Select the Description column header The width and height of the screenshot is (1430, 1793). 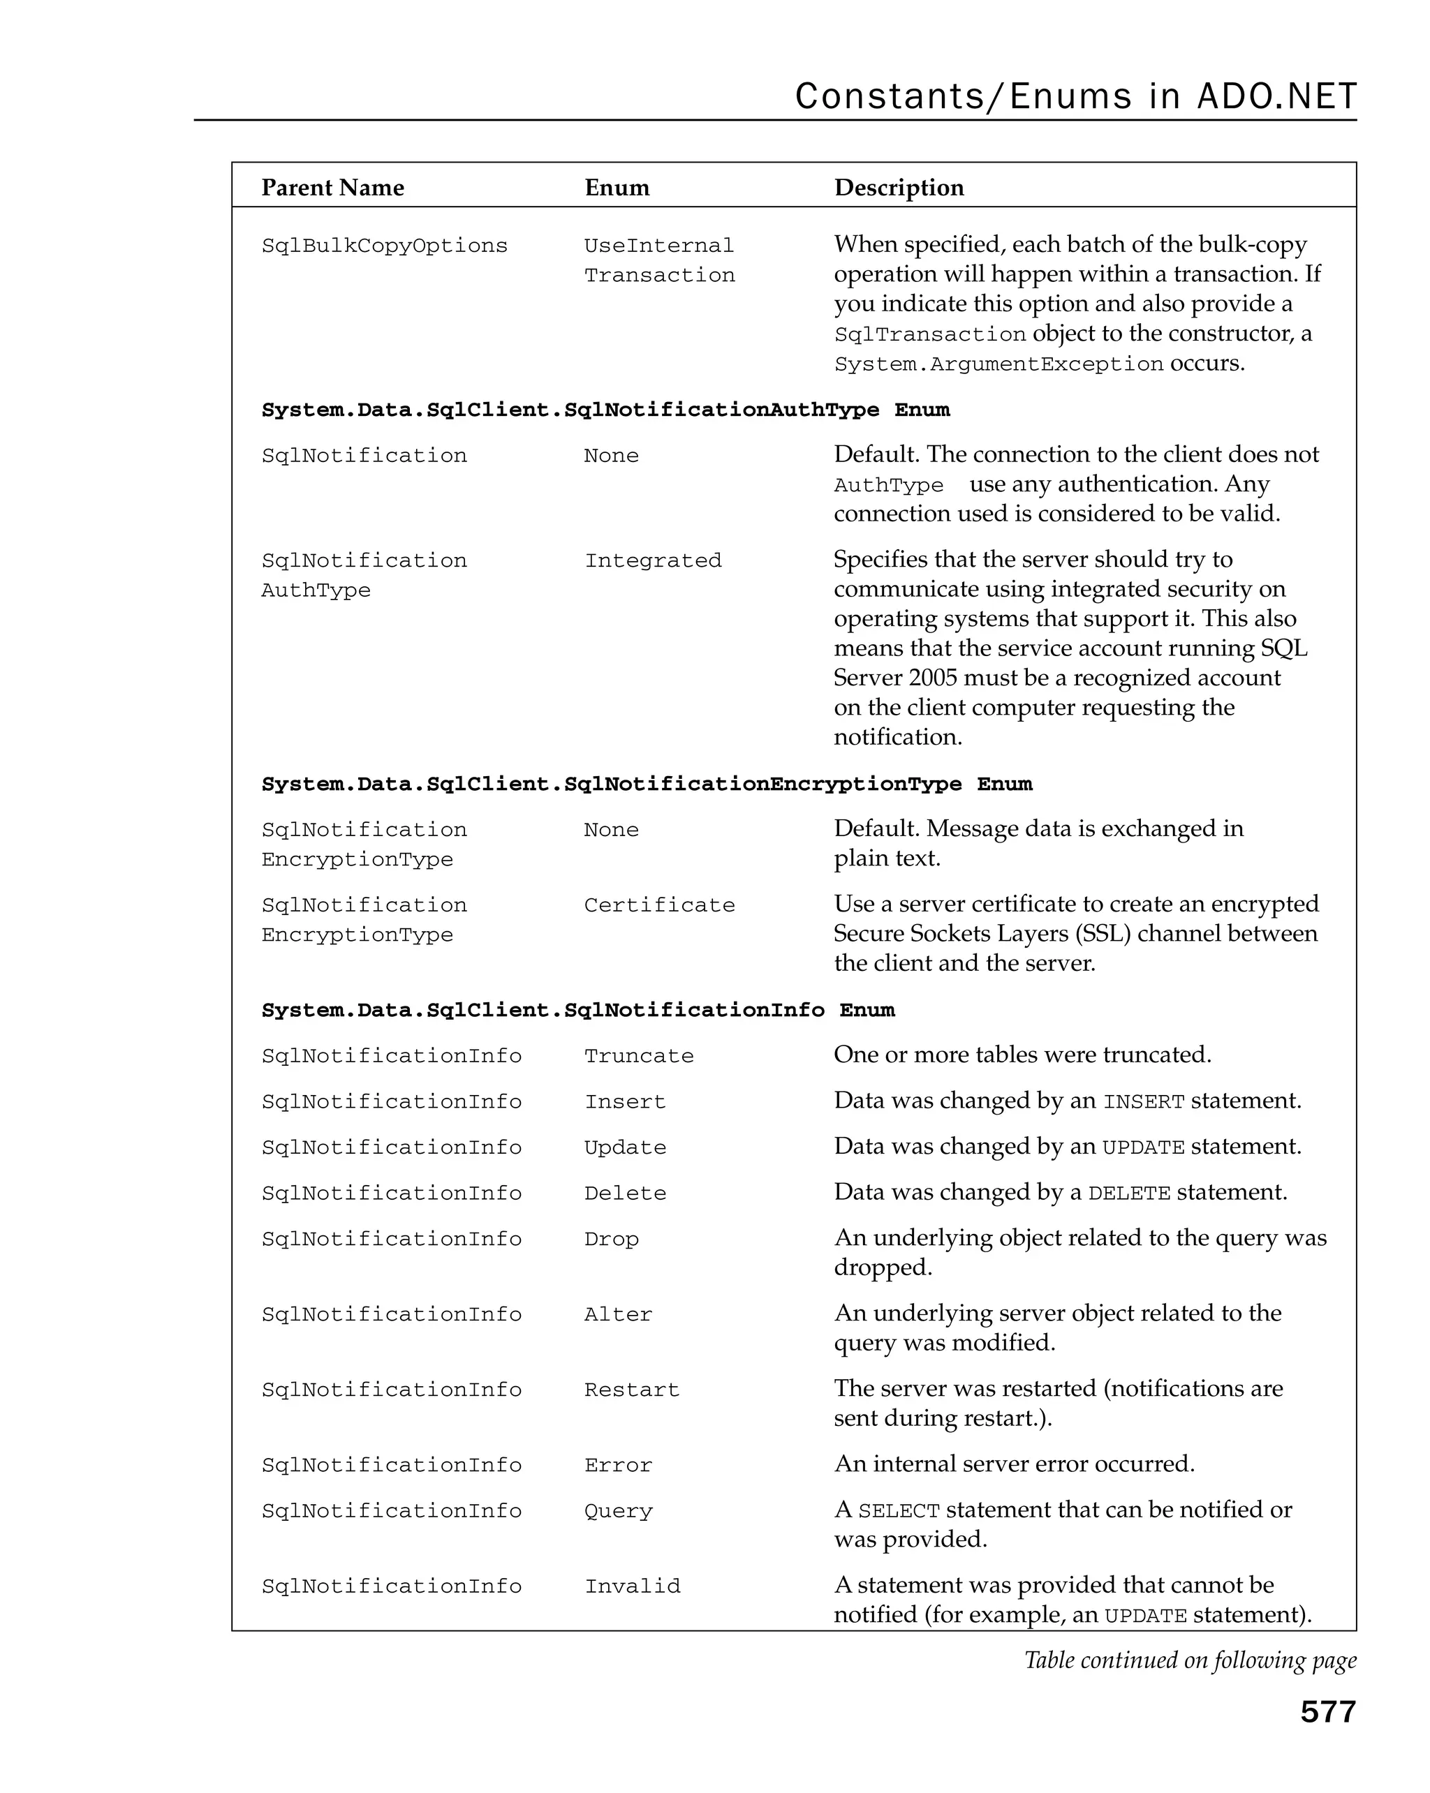899,187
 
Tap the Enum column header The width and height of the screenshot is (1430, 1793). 617,187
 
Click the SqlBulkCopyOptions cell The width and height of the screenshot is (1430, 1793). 384,246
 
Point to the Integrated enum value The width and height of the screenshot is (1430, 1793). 652,560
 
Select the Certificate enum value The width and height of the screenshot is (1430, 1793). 659,905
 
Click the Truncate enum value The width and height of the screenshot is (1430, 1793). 638,1056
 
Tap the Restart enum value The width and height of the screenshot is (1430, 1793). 631,1390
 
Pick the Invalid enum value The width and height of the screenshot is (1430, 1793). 632,1586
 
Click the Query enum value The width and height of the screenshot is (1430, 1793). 618,1511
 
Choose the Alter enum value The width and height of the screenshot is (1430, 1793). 618,1315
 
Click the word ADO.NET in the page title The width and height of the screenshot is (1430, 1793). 1276,96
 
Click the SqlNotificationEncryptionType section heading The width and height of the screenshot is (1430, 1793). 647,784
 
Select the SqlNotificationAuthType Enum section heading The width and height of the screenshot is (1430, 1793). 605,410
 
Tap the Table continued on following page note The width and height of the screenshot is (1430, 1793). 1190,1660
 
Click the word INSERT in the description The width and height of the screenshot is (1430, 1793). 1143,1103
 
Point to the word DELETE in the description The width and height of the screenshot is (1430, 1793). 1128,1194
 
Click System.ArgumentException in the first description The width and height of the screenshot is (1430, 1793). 998,364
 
